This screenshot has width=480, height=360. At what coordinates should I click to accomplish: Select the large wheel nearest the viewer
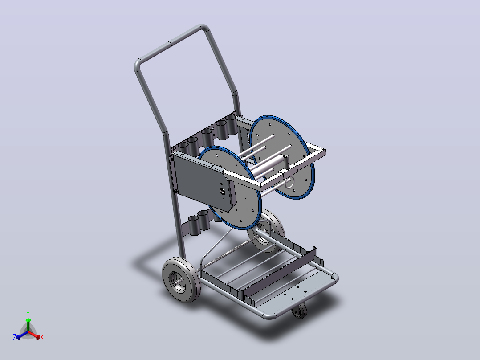pyautogui.click(x=181, y=279)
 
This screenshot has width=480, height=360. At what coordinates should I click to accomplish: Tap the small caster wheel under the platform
pyautogui.click(x=299, y=311)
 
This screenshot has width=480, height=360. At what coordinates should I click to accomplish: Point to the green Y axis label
pyautogui.click(x=28, y=313)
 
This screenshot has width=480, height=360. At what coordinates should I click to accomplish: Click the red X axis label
pyautogui.click(x=42, y=337)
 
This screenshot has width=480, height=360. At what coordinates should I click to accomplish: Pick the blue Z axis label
pyautogui.click(x=15, y=337)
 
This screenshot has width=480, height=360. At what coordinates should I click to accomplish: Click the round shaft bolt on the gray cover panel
pyautogui.click(x=223, y=192)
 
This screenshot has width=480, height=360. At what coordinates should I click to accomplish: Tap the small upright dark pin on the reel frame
pyautogui.click(x=287, y=162)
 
